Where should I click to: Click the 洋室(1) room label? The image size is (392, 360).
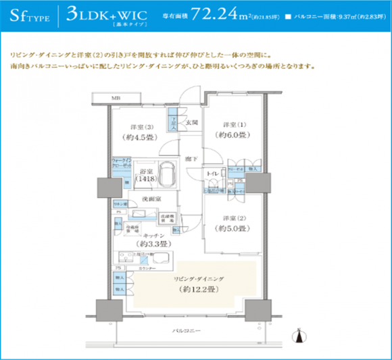pyautogui.click(x=233, y=125)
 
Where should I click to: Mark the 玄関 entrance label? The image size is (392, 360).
pyautogui.click(x=192, y=123)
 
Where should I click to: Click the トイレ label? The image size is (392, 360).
pyautogui.click(x=211, y=174)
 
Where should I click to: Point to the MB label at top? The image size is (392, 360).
pyautogui.click(x=116, y=99)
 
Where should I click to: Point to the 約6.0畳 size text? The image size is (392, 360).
pyautogui.click(x=233, y=135)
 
